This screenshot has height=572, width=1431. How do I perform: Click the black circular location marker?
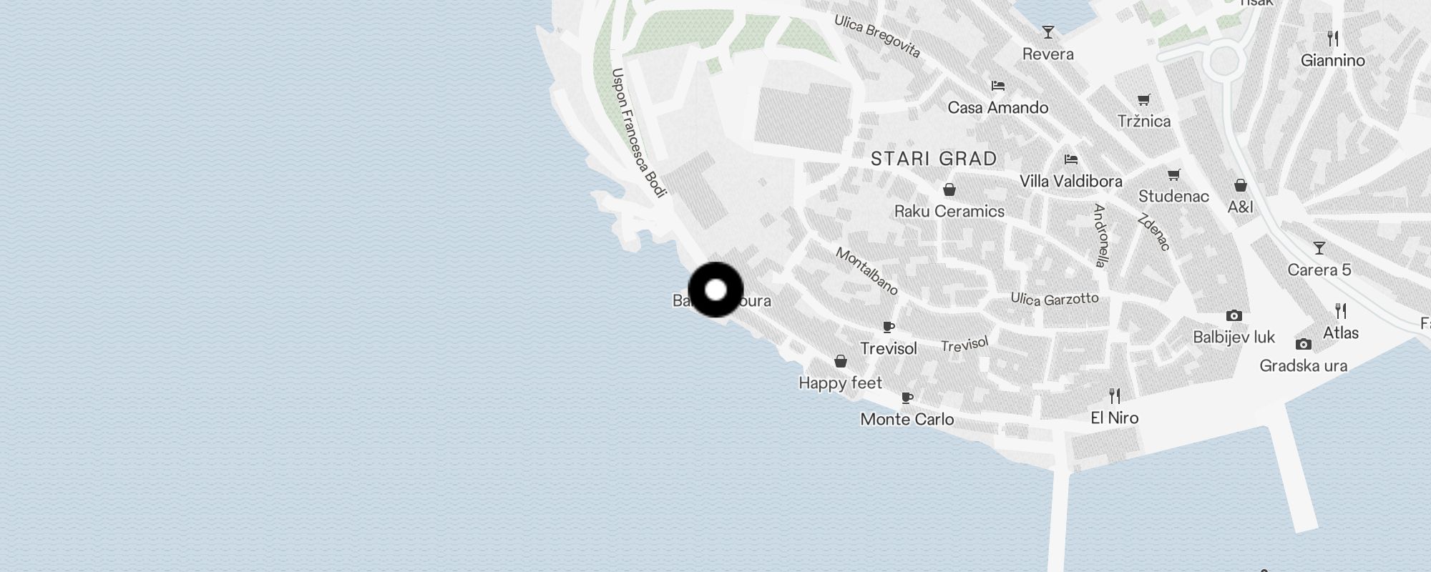(715, 290)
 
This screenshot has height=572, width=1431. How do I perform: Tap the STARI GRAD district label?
(934, 159)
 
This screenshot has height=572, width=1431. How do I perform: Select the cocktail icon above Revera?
(1048, 32)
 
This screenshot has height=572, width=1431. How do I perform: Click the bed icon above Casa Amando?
(998, 86)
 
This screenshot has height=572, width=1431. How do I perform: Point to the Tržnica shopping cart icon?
(1144, 99)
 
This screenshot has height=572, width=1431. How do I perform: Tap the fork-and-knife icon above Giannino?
(1332, 38)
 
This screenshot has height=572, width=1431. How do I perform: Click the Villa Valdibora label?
(1070, 182)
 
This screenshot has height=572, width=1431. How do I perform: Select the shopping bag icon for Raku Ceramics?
(949, 189)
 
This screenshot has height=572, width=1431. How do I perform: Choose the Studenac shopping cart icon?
(1173, 174)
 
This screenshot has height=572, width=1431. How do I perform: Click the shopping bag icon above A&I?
(1241, 185)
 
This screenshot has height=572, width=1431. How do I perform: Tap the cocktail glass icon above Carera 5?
(1319, 248)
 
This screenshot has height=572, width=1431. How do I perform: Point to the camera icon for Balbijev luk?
(1234, 315)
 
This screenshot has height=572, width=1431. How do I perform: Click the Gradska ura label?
(1303, 366)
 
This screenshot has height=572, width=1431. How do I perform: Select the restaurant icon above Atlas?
(1341, 311)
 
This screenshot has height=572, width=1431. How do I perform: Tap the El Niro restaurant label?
(1114, 418)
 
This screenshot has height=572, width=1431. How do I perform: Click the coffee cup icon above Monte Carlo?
(907, 398)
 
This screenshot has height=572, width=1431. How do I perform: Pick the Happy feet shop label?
(840, 383)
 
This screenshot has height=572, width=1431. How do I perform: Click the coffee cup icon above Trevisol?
(889, 327)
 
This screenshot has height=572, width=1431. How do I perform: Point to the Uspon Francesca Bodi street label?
(639, 133)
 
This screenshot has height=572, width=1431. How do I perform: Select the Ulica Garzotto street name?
(1054, 299)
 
